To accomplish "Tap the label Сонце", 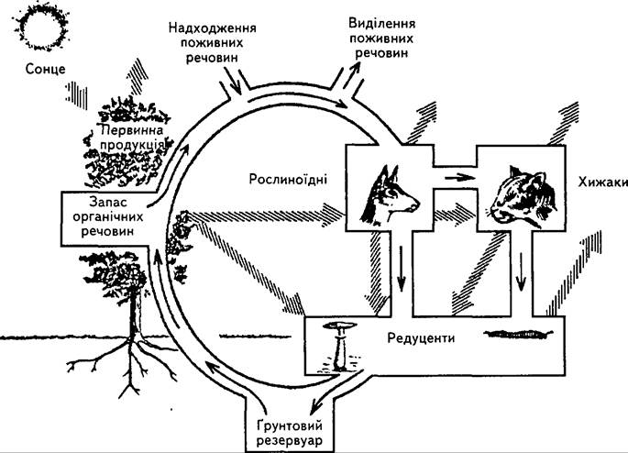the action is [45, 69].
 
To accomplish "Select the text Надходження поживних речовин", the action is [212, 42].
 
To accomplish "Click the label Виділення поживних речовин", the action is [381, 38].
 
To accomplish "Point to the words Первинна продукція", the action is [132, 137].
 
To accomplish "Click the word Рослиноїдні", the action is [288, 179].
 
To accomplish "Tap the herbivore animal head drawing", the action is [390, 195].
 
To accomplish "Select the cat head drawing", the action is [523, 197].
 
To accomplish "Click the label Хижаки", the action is [602, 182].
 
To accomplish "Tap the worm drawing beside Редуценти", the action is [518, 334].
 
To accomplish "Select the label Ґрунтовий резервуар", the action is [289, 433].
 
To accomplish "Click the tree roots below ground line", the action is [124, 363].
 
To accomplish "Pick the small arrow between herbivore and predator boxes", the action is [457, 176].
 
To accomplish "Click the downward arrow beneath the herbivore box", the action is [401, 270].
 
